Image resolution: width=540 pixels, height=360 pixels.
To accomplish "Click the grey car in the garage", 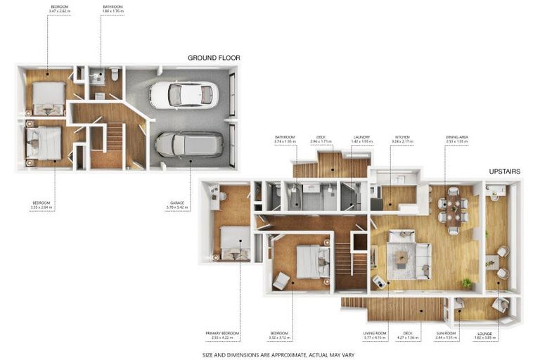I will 188,144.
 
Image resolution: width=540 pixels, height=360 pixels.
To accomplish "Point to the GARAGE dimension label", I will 176,205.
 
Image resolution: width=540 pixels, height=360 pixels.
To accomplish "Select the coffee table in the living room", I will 401,257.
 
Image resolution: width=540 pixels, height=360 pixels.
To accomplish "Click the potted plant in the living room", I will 467,283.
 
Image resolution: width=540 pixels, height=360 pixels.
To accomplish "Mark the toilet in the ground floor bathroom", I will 114,73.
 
